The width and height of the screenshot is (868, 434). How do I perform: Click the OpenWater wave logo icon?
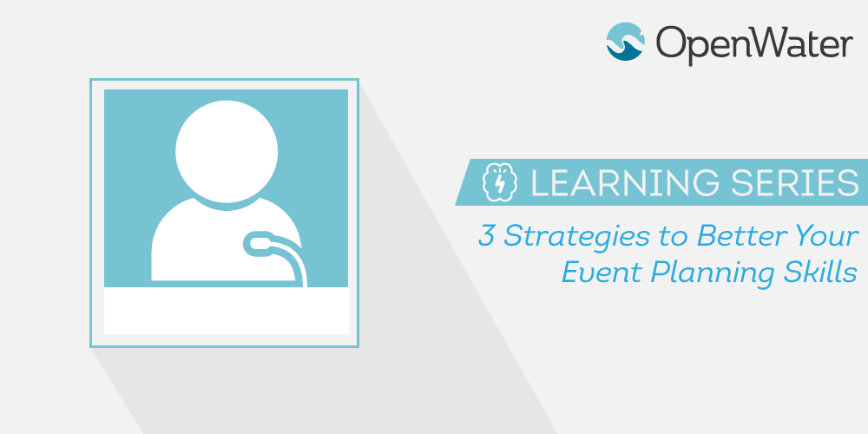point(626,42)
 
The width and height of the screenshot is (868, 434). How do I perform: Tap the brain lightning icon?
point(500,182)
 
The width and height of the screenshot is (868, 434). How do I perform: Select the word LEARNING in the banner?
point(625,182)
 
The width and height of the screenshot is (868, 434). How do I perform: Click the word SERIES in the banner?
point(795,182)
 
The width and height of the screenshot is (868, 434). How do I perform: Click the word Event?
point(602,273)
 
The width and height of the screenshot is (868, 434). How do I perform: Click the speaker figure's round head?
point(227,151)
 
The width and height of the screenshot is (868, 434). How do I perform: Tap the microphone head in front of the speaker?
point(257,244)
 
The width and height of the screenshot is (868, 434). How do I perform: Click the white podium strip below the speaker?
point(227,311)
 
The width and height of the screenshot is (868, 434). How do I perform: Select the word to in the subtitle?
point(674,237)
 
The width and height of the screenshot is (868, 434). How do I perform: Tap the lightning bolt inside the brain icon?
point(500,183)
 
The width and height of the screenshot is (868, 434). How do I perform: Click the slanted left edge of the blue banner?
point(463,182)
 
